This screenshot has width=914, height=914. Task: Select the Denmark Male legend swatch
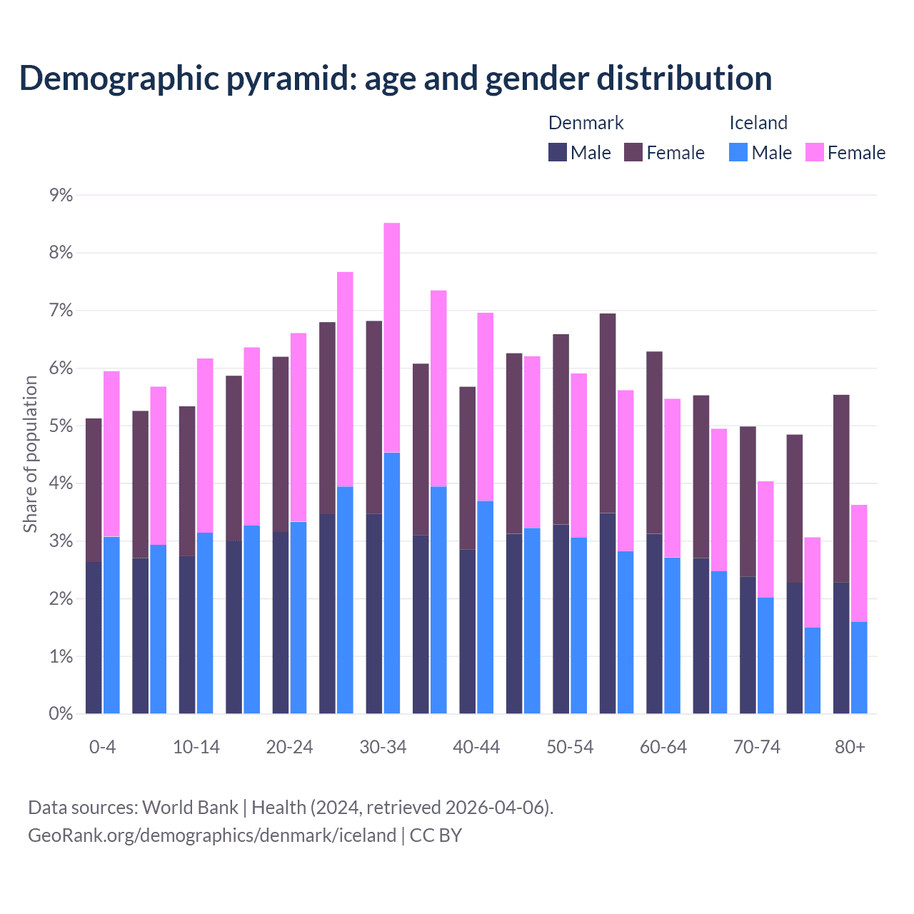[x=557, y=152]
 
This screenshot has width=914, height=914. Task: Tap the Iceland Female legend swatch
[x=814, y=152]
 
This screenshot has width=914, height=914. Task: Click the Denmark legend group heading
[x=586, y=123]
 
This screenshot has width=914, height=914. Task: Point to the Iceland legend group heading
[x=758, y=123]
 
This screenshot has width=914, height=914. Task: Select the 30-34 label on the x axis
[x=383, y=748]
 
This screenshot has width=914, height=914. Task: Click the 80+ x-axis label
[x=850, y=748]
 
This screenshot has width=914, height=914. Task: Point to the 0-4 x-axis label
[x=102, y=748]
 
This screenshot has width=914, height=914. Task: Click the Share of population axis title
[x=30, y=454]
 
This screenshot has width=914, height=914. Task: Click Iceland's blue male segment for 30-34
[x=392, y=583]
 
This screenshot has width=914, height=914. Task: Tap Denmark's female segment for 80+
[x=841, y=488]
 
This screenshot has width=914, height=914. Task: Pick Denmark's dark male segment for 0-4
[x=94, y=638]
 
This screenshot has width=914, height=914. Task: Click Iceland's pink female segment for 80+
[x=859, y=563]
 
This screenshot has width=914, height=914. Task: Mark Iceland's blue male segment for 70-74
[x=765, y=656]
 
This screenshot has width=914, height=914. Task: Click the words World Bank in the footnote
[x=190, y=808]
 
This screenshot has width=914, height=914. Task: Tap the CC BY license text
[x=436, y=835]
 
